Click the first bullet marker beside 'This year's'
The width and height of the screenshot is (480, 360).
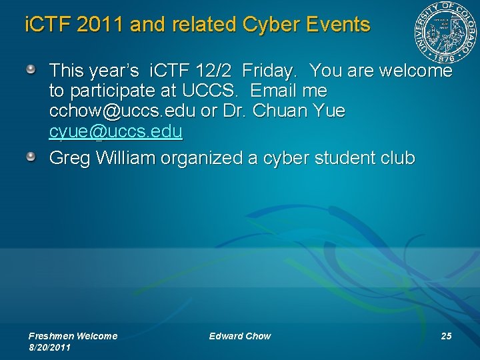(x=31, y=69)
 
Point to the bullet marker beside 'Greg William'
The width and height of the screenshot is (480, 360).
(x=31, y=157)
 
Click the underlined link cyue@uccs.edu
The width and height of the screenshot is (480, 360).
(x=115, y=132)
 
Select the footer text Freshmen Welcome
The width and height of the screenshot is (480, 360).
(x=73, y=336)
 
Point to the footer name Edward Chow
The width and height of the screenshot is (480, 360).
(x=240, y=336)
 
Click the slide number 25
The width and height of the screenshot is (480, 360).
(x=446, y=336)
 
